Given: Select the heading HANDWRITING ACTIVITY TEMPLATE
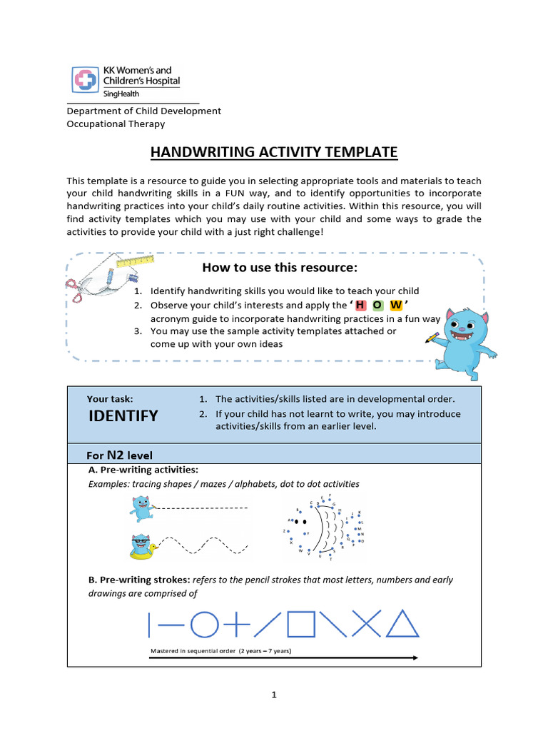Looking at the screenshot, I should click(x=273, y=152).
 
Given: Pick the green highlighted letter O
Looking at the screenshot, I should click(x=377, y=306).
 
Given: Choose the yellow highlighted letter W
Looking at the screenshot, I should click(x=395, y=306).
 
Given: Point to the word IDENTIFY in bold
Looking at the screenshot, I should click(x=123, y=416).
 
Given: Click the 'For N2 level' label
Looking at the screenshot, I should click(x=119, y=455).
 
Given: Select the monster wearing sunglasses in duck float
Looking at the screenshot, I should click(x=143, y=547).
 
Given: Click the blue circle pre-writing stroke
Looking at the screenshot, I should click(x=205, y=625).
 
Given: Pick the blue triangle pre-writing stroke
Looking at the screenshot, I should click(x=402, y=624).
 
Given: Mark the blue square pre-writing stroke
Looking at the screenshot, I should click(x=300, y=625).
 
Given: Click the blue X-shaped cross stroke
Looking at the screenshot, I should click(x=366, y=625).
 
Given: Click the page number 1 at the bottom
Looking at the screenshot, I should click(x=274, y=695).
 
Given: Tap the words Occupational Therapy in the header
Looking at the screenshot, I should click(x=116, y=123).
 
